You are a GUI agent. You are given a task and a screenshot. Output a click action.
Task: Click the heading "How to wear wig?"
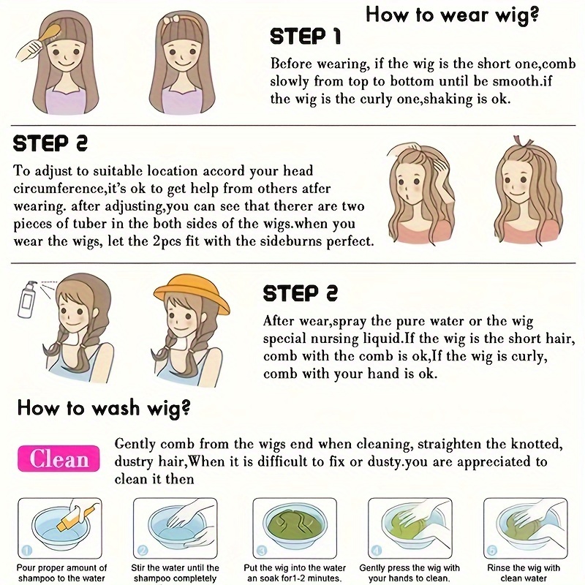tap(452, 15)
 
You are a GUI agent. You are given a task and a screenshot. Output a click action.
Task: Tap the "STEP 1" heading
tap(305, 37)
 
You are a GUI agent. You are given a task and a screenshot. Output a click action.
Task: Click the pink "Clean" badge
tap(59, 458)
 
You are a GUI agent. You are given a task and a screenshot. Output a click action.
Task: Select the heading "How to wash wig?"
tap(104, 407)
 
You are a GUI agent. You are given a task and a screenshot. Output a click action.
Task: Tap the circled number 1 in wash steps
tap(28, 550)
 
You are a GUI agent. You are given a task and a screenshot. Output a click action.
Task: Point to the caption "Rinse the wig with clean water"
tap(524, 573)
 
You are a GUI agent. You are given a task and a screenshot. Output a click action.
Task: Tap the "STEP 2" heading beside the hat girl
tap(301, 293)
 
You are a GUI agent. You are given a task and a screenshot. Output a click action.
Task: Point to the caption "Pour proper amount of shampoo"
tap(61, 573)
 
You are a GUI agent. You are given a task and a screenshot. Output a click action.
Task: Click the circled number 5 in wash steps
tap(493, 551)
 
